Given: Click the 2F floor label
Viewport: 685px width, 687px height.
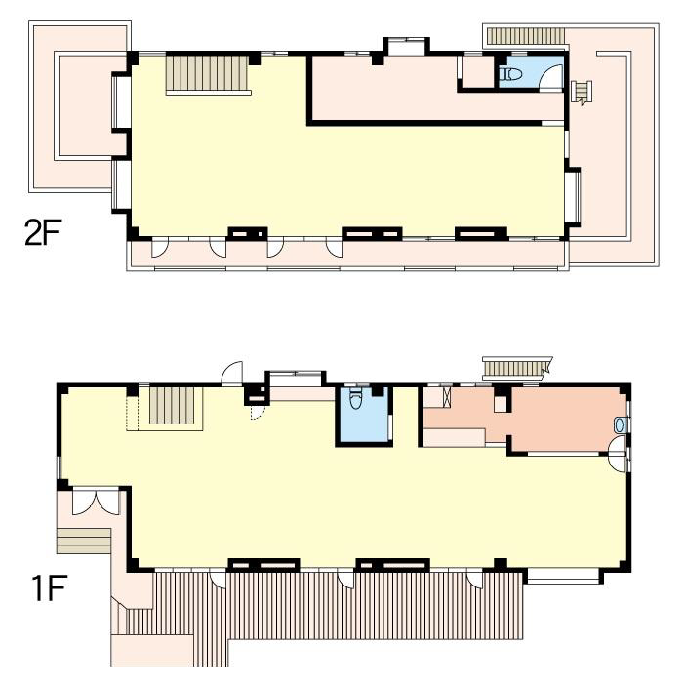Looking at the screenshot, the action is (x=43, y=232).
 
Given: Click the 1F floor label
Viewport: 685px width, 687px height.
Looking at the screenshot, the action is (x=49, y=588).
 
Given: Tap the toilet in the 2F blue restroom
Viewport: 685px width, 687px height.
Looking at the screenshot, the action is (x=511, y=74).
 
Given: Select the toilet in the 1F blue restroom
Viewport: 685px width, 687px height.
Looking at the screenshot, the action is (x=355, y=399).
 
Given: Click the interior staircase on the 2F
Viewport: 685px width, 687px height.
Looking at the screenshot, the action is (x=207, y=73).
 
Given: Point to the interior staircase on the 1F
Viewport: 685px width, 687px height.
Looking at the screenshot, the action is (x=172, y=405).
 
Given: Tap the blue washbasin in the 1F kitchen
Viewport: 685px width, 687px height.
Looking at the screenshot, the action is (x=620, y=424).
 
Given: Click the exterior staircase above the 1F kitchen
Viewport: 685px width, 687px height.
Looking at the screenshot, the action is (x=516, y=368).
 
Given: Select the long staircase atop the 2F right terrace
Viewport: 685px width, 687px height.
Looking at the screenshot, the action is (x=526, y=36).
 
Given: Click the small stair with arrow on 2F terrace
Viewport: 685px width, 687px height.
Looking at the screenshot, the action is (x=582, y=93).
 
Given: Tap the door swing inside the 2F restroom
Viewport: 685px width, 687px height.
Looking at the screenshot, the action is (x=551, y=77).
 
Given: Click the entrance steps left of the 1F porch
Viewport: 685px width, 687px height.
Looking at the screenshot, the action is (x=84, y=541).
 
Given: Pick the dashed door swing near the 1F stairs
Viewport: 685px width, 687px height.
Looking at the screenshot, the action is (x=258, y=412).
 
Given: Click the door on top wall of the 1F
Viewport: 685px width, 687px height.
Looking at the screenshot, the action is (x=232, y=374).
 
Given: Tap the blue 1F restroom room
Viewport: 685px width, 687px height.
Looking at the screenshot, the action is (x=363, y=416).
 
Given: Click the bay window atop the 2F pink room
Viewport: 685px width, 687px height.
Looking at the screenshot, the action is (x=407, y=46).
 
